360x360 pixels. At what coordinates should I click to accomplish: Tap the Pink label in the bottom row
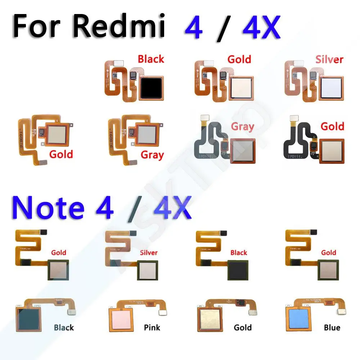(x=152, y=327)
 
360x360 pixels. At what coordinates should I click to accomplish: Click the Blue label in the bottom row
(x=332, y=327)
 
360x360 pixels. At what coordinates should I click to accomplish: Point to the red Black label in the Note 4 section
(x=239, y=252)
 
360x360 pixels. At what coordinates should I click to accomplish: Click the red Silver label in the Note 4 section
(x=149, y=252)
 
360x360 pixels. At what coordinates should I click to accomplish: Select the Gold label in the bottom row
(x=243, y=327)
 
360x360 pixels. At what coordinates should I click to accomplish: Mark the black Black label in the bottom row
(x=64, y=327)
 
